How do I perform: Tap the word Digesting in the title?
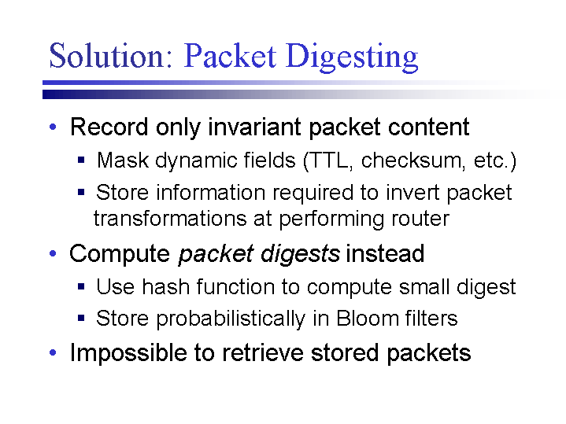(x=352, y=57)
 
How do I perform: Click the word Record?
(x=109, y=127)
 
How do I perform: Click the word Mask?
(x=123, y=160)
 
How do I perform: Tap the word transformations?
(x=170, y=219)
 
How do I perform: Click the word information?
(x=211, y=192)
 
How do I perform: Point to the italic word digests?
(x=300, y=254)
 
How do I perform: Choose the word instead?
(x=385, y=253)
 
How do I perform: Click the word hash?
(x=165, y=287)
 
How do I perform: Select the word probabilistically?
(x=231, y=319)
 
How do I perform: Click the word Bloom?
(x=367, y=319)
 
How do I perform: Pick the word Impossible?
(x=128, y=352)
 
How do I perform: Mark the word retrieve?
(x=262, y=352)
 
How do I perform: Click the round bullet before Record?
(x=53, y=127)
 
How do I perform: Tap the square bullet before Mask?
(x=81, y=160)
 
